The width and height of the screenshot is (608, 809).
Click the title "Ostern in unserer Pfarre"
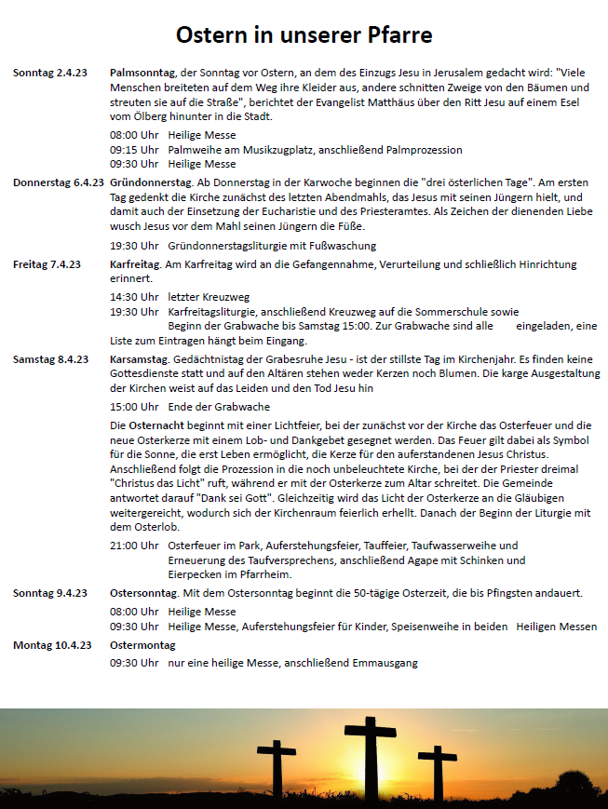304,35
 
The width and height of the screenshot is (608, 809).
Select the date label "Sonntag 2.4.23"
50,72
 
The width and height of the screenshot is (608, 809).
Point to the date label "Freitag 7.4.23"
47,264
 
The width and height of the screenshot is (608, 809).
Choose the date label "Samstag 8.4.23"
50,359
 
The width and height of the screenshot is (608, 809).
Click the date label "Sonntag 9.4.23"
50,593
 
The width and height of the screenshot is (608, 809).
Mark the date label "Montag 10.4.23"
52,644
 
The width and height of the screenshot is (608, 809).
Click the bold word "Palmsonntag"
142,72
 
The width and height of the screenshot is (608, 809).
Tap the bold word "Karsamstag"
139,359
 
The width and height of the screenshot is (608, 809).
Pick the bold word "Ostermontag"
142,644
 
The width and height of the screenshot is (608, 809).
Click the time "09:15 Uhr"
134,149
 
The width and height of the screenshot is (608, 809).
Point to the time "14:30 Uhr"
134,297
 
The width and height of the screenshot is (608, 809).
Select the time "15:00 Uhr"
134,407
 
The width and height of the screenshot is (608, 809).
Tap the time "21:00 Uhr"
134,546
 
